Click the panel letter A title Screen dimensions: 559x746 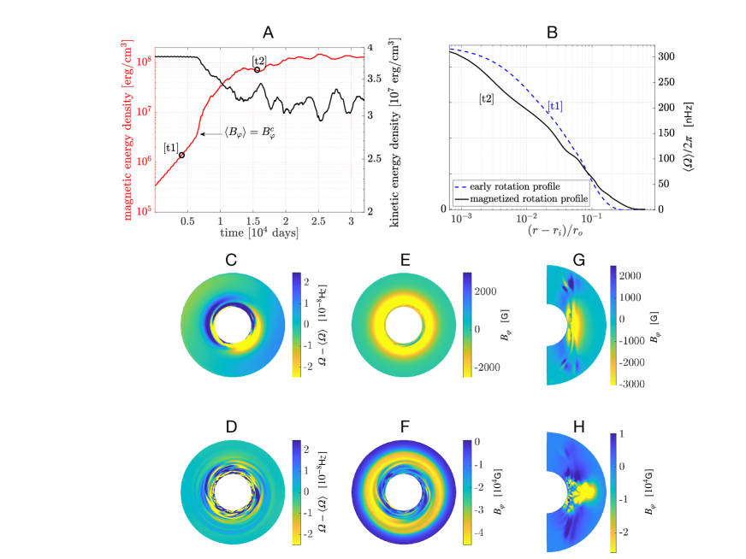click(x=268, y=32)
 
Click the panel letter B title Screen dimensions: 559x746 click(x=551, y=32)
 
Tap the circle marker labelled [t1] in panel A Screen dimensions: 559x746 click(x=181, y=155)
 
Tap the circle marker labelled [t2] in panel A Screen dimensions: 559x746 click(x=257, y=70)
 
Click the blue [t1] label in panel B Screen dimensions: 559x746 click(x=554, y=107)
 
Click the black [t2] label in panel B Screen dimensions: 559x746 click(x=486, y=98)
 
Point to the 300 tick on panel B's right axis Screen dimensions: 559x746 click(x=666, y=56)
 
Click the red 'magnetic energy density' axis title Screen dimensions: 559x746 click(x=127, y=126)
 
